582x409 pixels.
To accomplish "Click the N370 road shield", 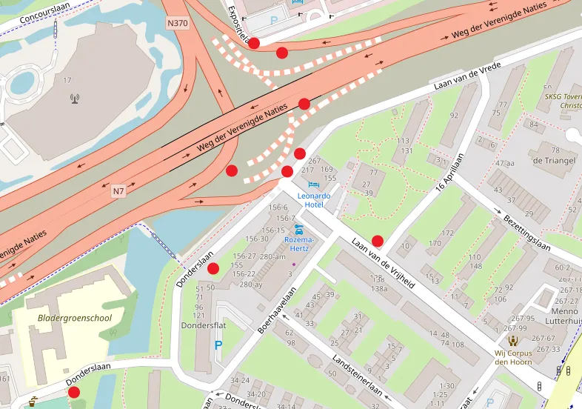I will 177,23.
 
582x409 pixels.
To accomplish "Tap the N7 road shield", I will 118,192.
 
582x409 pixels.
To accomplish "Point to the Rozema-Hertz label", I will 300,245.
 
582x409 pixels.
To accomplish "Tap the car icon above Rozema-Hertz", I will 299,229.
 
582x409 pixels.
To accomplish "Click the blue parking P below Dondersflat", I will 218,345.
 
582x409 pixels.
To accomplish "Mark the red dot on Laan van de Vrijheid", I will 378,241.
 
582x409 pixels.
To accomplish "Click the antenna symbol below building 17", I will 74,98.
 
